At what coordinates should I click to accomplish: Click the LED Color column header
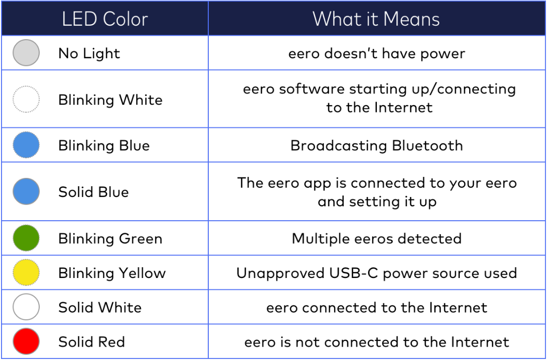[x=105, y=19]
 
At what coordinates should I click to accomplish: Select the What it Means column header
[x=376, y=19]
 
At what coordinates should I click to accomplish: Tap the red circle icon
[x=26, y=341]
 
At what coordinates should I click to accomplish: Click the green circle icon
[x=26, y=238]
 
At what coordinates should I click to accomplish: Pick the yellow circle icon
[x=26, y=273]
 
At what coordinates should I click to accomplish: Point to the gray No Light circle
[x=26, y=53]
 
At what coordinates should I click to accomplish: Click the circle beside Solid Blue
[x=26, y=192]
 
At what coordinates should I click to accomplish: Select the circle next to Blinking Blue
[x=26, y=145]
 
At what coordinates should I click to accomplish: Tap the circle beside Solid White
[x=26, y=307]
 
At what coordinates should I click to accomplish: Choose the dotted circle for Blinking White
[x=26, y=100]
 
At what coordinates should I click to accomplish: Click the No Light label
[x=89, y=53]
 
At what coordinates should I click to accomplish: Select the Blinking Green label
[x=110, y=239]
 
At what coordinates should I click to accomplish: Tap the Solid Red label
[x=92, y=341]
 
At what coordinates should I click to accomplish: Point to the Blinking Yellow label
[x=112, y=273]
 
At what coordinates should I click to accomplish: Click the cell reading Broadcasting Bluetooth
[x=376, y=145]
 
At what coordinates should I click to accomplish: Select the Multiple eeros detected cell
[x=376, y=239]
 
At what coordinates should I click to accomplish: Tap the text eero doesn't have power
[x=376, y=53]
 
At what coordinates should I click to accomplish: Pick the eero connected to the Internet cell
[x=376, y=308]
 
